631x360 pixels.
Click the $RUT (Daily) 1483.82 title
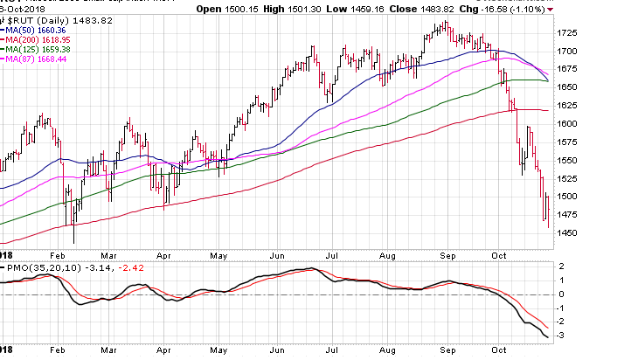click(49, 21)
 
